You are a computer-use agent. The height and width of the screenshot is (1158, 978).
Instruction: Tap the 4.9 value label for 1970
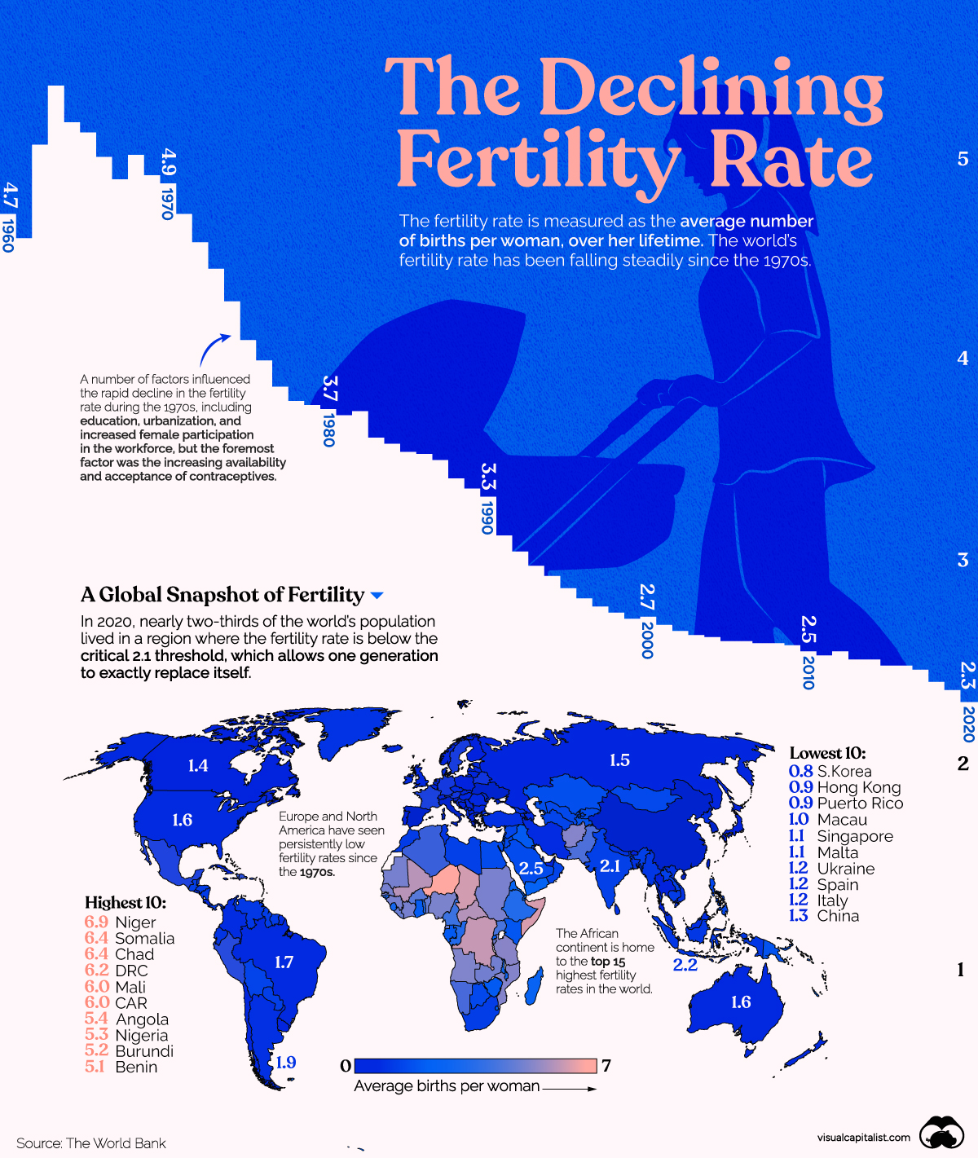click(169, 162)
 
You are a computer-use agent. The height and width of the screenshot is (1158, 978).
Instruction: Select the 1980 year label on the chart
click(328, 429)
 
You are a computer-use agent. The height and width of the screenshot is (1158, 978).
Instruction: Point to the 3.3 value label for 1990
click(487, 477)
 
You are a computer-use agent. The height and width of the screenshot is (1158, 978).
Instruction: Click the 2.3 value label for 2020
click(967, 676)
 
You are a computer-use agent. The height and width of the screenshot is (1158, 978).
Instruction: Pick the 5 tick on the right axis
click(963, 159)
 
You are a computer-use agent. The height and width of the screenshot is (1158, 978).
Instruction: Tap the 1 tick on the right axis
click(961, 970)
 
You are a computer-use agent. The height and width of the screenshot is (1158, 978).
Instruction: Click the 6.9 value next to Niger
click(96, 922)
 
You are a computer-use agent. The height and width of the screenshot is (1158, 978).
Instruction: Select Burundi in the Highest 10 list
click(144, 1051)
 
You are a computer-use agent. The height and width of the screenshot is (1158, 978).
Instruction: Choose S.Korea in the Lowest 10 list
click(844, 771)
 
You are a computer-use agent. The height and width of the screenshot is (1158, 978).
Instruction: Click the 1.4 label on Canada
click(198, 765)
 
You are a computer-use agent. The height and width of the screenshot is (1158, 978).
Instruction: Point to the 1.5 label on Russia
click(619, 760)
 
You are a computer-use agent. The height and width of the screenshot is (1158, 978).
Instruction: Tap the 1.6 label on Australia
click(741, 1002)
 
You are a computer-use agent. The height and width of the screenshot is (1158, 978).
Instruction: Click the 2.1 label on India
click(610, 865)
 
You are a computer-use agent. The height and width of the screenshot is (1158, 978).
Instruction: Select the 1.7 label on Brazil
click(284, 962)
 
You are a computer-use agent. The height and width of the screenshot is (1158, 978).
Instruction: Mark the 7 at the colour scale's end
click(606, 1065)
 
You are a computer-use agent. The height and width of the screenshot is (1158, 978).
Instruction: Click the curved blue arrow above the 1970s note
click(214, 350)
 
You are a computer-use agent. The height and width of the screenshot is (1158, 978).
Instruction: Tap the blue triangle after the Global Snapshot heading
click(377, 596)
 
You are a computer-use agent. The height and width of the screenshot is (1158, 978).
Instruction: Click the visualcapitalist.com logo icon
click(941, 1134)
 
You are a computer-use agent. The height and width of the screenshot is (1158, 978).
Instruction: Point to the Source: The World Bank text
click(91, 1143)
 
